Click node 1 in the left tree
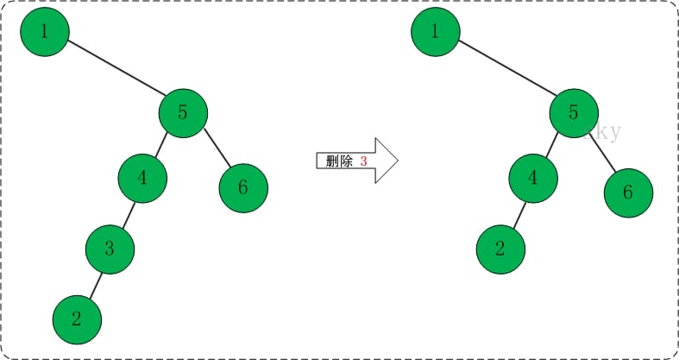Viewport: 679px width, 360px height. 44,33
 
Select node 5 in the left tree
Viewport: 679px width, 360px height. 183,111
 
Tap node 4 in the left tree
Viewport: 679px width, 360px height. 141,179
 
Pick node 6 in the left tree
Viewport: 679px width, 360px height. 243,187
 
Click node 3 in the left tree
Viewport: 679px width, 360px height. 110,249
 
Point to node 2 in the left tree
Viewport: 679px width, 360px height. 77,319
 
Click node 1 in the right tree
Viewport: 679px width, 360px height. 435,33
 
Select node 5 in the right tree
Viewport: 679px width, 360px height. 574,112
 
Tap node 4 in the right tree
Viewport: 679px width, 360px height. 532,179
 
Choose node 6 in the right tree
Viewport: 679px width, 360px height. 627,192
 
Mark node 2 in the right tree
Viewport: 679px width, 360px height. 500,249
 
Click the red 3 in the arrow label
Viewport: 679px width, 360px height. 363,161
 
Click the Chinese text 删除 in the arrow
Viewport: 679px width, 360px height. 339,161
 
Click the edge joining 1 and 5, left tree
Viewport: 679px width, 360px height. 114,72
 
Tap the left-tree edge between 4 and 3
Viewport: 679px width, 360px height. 127,213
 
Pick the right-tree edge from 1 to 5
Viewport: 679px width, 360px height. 505,73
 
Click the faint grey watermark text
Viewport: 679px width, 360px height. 601,132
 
